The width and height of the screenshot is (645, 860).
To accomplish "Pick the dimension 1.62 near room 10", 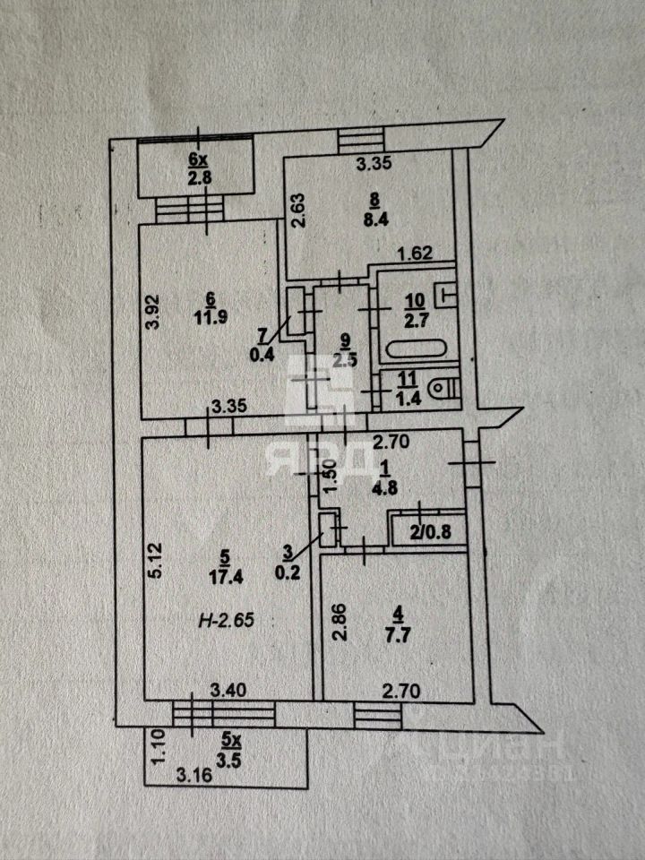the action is pyautogui.click(x=415, y=254).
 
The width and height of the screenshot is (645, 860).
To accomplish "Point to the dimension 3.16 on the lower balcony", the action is pyautogui.click(x=193, y=775).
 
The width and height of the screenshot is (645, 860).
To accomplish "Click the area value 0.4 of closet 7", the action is pyautogui.click(x=262, y=352).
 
